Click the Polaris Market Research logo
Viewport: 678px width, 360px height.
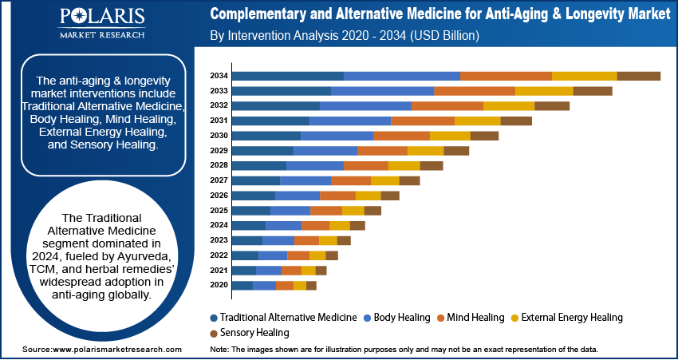click(101, 23)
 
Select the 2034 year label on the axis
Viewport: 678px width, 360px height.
click(219, 76)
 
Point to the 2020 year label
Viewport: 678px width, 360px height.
click(219, 285)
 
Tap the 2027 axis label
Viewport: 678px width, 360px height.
click(219, 180)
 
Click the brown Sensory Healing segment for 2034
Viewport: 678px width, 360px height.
click(638, 76)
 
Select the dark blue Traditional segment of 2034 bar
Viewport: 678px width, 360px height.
click(287, 76)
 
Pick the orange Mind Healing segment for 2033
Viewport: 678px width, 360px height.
click(474, 91)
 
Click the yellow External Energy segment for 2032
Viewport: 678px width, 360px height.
click(508, 105)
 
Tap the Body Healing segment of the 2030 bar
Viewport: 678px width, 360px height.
click(337, 136)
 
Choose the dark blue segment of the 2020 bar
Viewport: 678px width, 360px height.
click(242, 285)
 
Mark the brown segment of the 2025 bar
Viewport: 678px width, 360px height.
click(373, 211)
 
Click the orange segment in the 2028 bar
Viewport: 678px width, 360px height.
click(365, 165)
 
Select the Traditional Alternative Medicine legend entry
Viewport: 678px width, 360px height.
click(282, 317)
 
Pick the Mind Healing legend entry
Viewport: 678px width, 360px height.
click(471, 317)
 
